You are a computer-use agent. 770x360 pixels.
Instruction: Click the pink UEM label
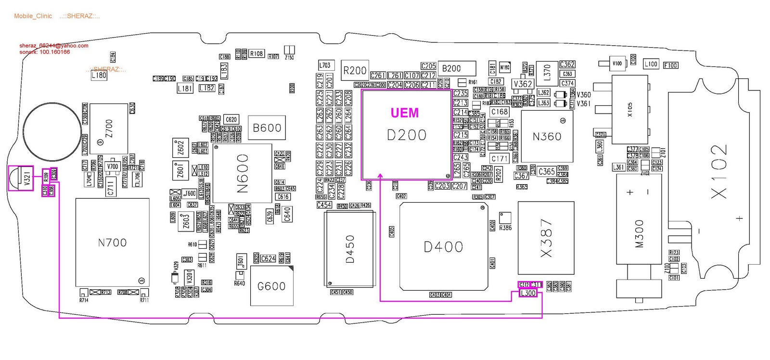404,113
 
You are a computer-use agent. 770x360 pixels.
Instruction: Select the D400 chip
443,247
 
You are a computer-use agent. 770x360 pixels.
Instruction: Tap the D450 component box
350,249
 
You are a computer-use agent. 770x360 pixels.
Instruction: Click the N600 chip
242,173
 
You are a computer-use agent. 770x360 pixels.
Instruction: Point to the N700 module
112,243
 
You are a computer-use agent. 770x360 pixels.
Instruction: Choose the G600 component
271,286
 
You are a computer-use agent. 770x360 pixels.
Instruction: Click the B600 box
267,128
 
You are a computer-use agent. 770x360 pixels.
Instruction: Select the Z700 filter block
109,129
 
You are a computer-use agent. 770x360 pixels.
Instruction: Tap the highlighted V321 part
21,178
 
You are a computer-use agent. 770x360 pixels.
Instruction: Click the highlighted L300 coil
528,293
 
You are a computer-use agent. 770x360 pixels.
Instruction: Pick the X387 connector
546,237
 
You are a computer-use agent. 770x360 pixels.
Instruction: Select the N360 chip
547,137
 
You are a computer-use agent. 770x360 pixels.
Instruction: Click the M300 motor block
639,233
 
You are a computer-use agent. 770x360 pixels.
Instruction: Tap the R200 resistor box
355,71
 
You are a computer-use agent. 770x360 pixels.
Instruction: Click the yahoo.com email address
53,46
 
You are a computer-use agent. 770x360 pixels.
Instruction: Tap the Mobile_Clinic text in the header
33,16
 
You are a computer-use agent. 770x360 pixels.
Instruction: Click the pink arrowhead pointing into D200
380,176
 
